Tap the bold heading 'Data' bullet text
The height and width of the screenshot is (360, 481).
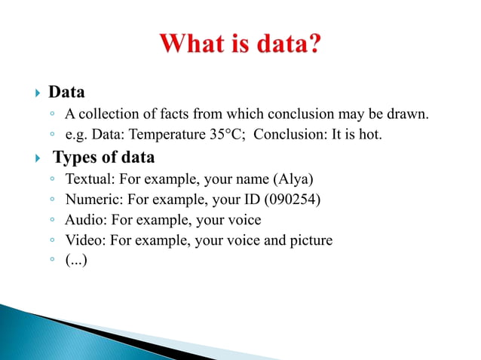click(66, 93)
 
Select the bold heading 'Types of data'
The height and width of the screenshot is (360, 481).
click(103, 158)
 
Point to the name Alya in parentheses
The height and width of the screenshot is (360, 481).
click(293, 180)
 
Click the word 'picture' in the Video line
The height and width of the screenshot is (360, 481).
click(308, 241)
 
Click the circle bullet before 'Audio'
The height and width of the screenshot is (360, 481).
click(51, 221)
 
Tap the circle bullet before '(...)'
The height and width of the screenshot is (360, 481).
click(51, 262)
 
